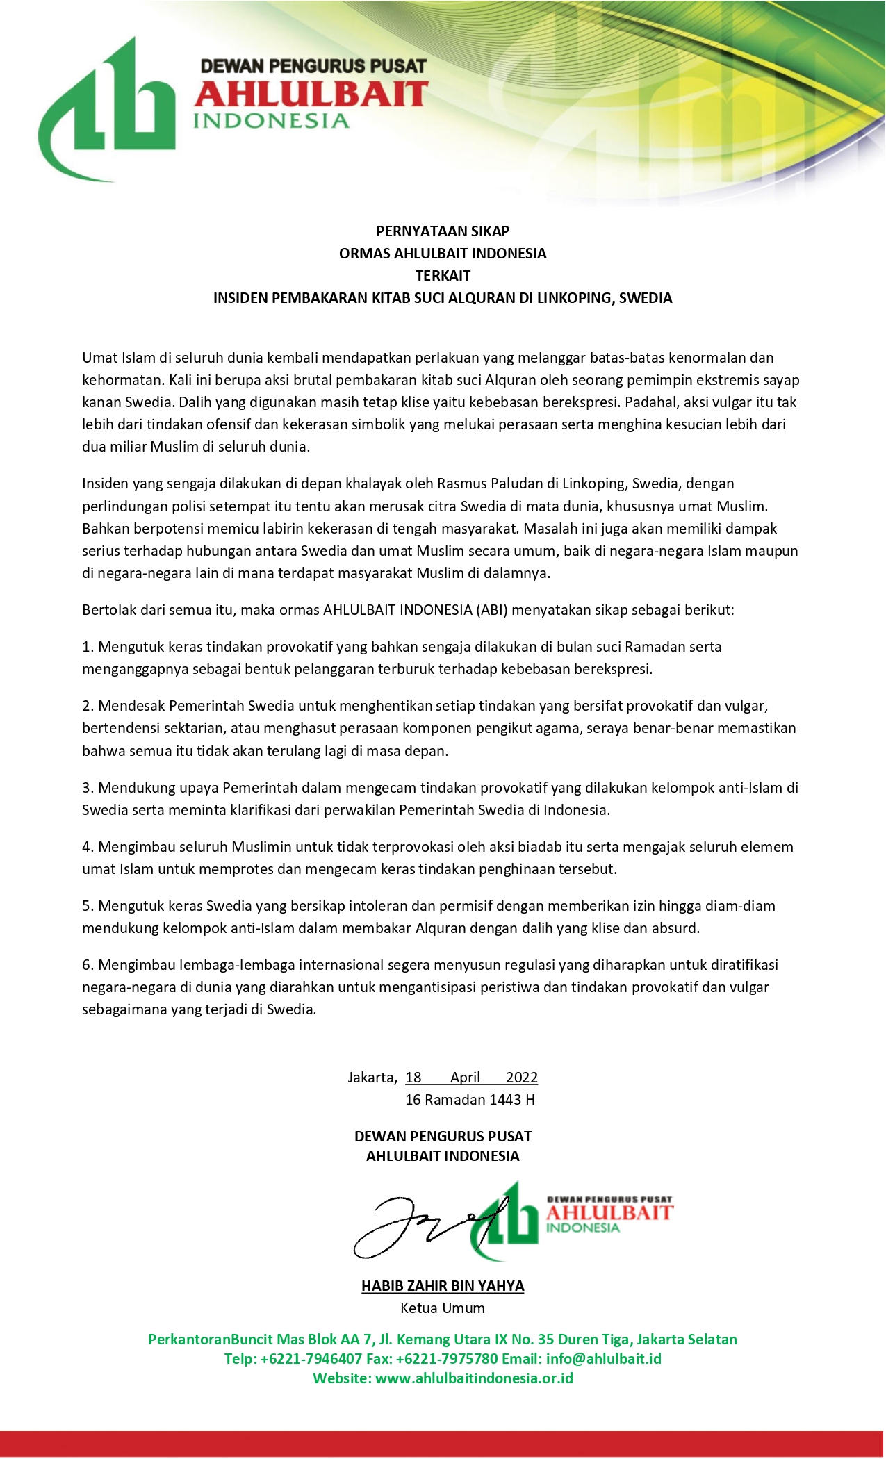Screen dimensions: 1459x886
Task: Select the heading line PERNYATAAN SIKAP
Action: [x=443, y=231]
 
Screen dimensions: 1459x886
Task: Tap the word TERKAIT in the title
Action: [x=443, y=276]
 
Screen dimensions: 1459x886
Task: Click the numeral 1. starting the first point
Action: [x=88, y=647]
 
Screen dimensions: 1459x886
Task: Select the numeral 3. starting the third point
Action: [x=88, y=788]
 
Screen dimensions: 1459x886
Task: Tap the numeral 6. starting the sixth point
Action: [x=88, y=965]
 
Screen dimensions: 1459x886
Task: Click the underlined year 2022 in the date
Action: [x=522, y=1078]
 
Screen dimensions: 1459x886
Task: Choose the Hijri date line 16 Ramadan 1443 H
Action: [x=470, y=1100]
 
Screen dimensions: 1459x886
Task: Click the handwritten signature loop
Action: [x=396, y=1230]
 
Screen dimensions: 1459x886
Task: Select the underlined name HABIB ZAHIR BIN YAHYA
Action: [x=443, y=1286]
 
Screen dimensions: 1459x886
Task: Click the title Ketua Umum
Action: [x=443, y=1308]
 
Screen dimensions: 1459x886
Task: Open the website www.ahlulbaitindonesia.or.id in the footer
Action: [x=475, y=1378]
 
